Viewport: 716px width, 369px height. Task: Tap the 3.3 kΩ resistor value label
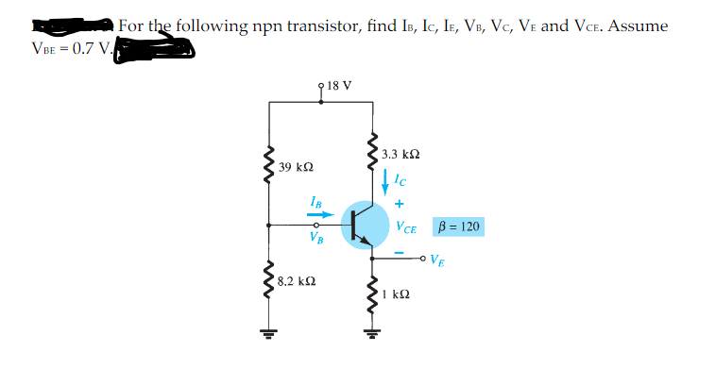point(401,153)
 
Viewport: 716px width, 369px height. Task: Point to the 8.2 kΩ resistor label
point(298,281)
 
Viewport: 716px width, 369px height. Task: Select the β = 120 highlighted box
point(458,226)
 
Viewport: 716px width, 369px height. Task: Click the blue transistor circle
point(365,225)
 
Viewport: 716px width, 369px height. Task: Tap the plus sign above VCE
point(400,202)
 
